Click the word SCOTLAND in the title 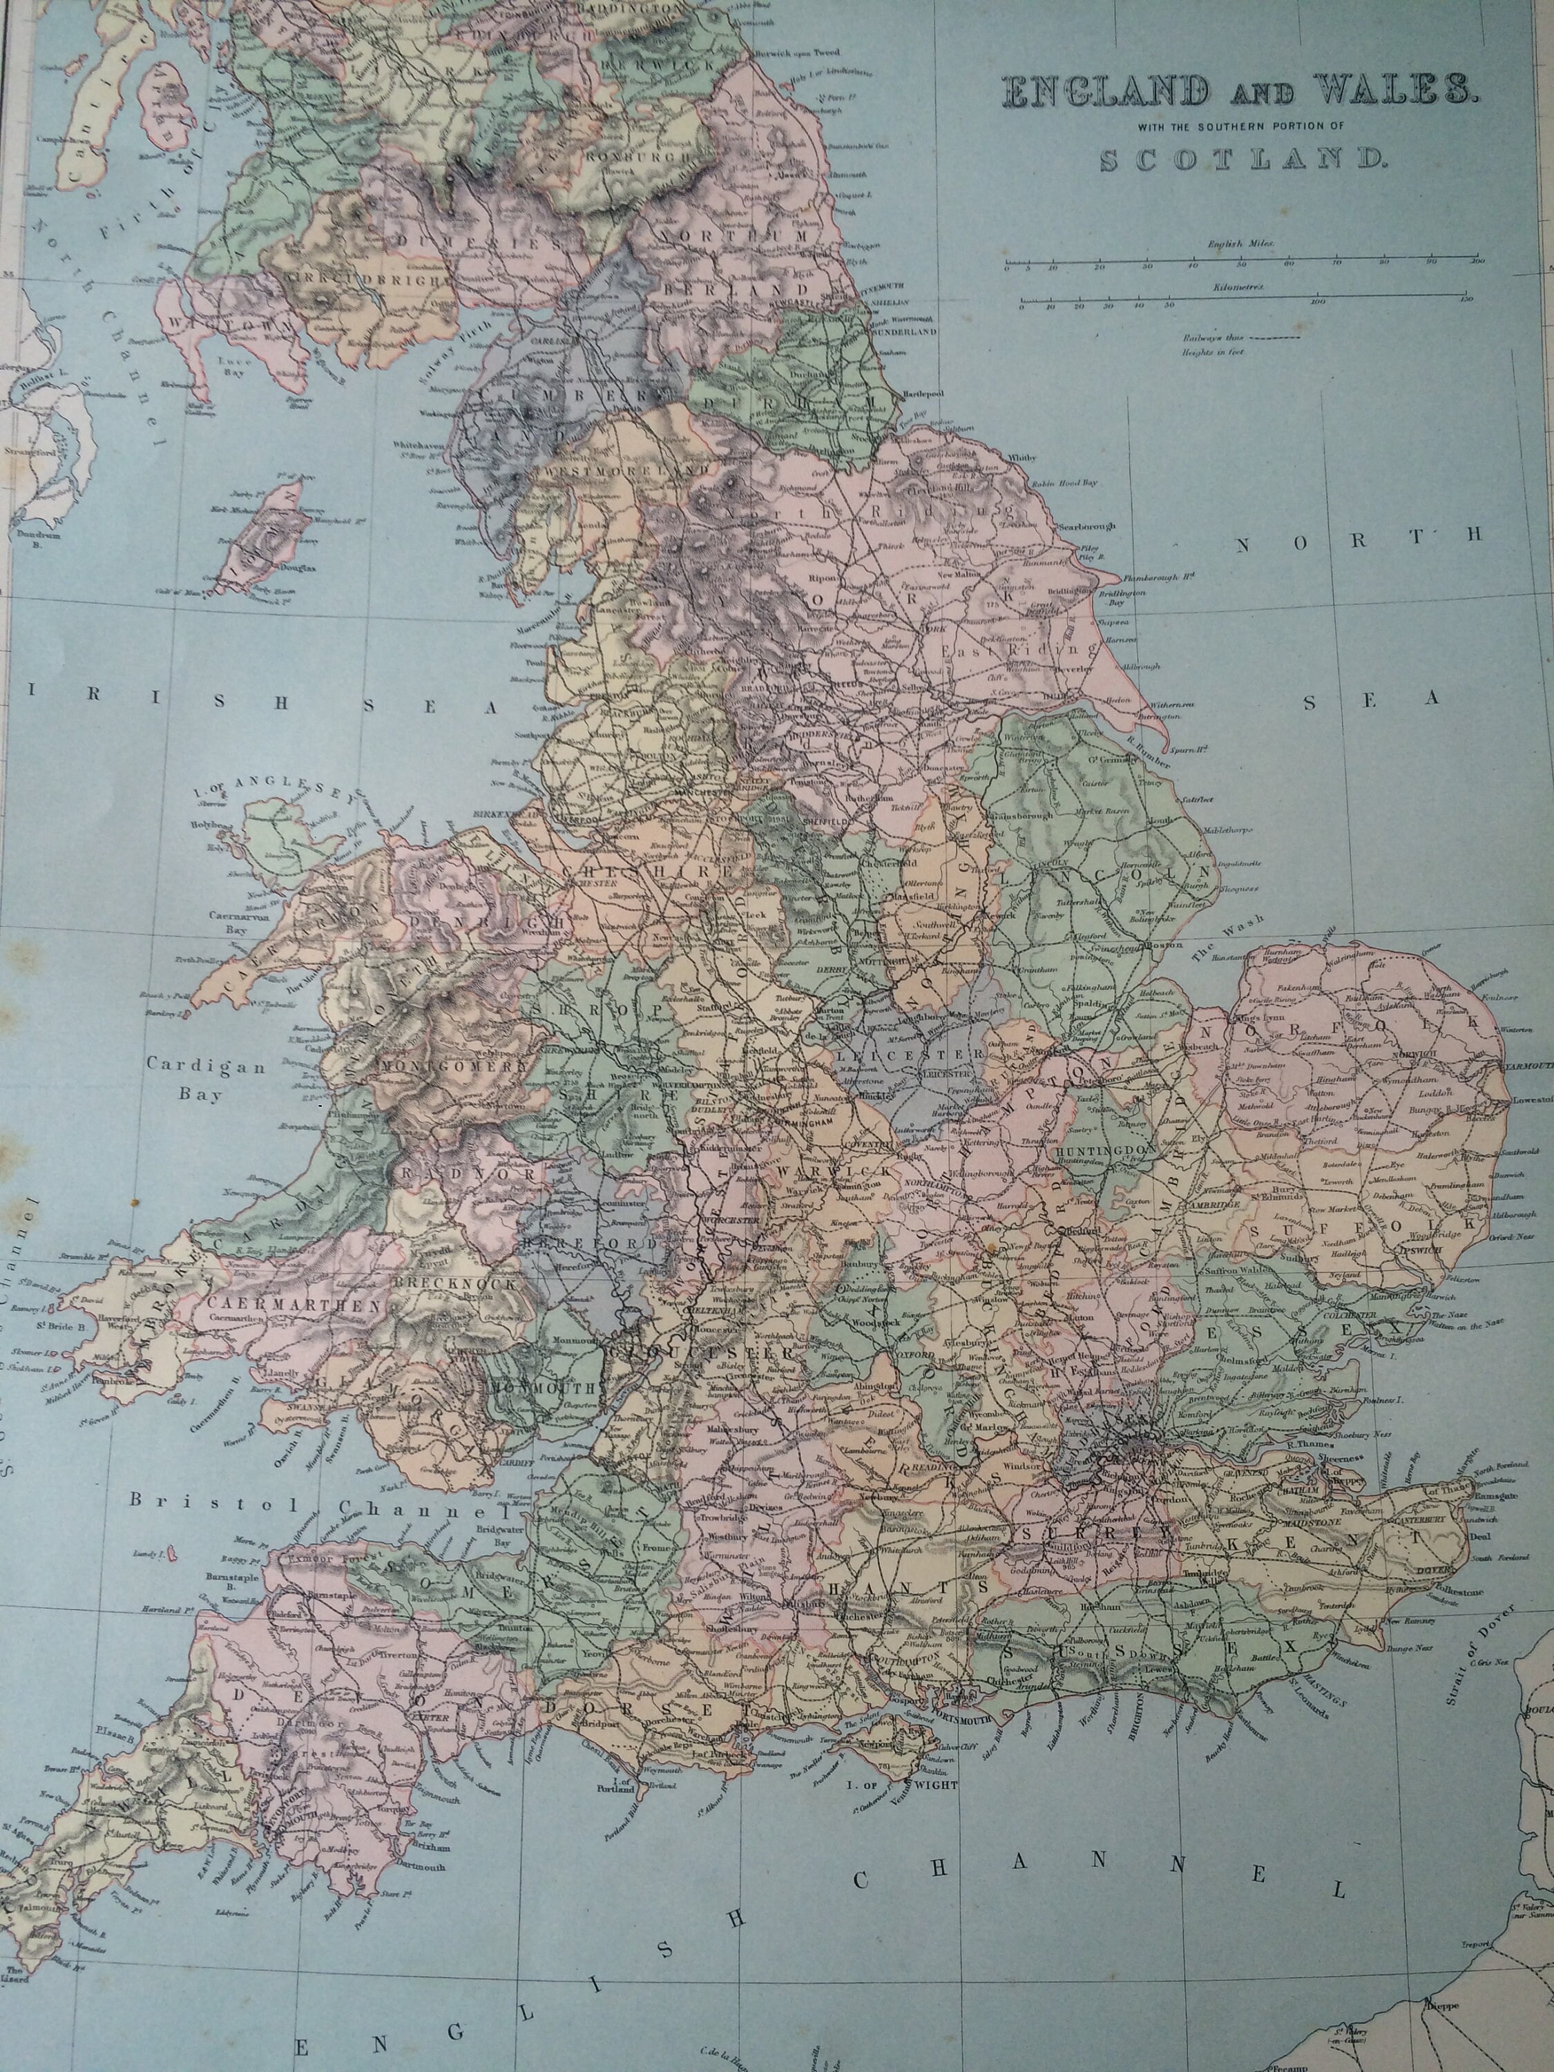[1240, 160]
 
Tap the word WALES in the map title [1385, 92]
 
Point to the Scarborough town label [1086, 526]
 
